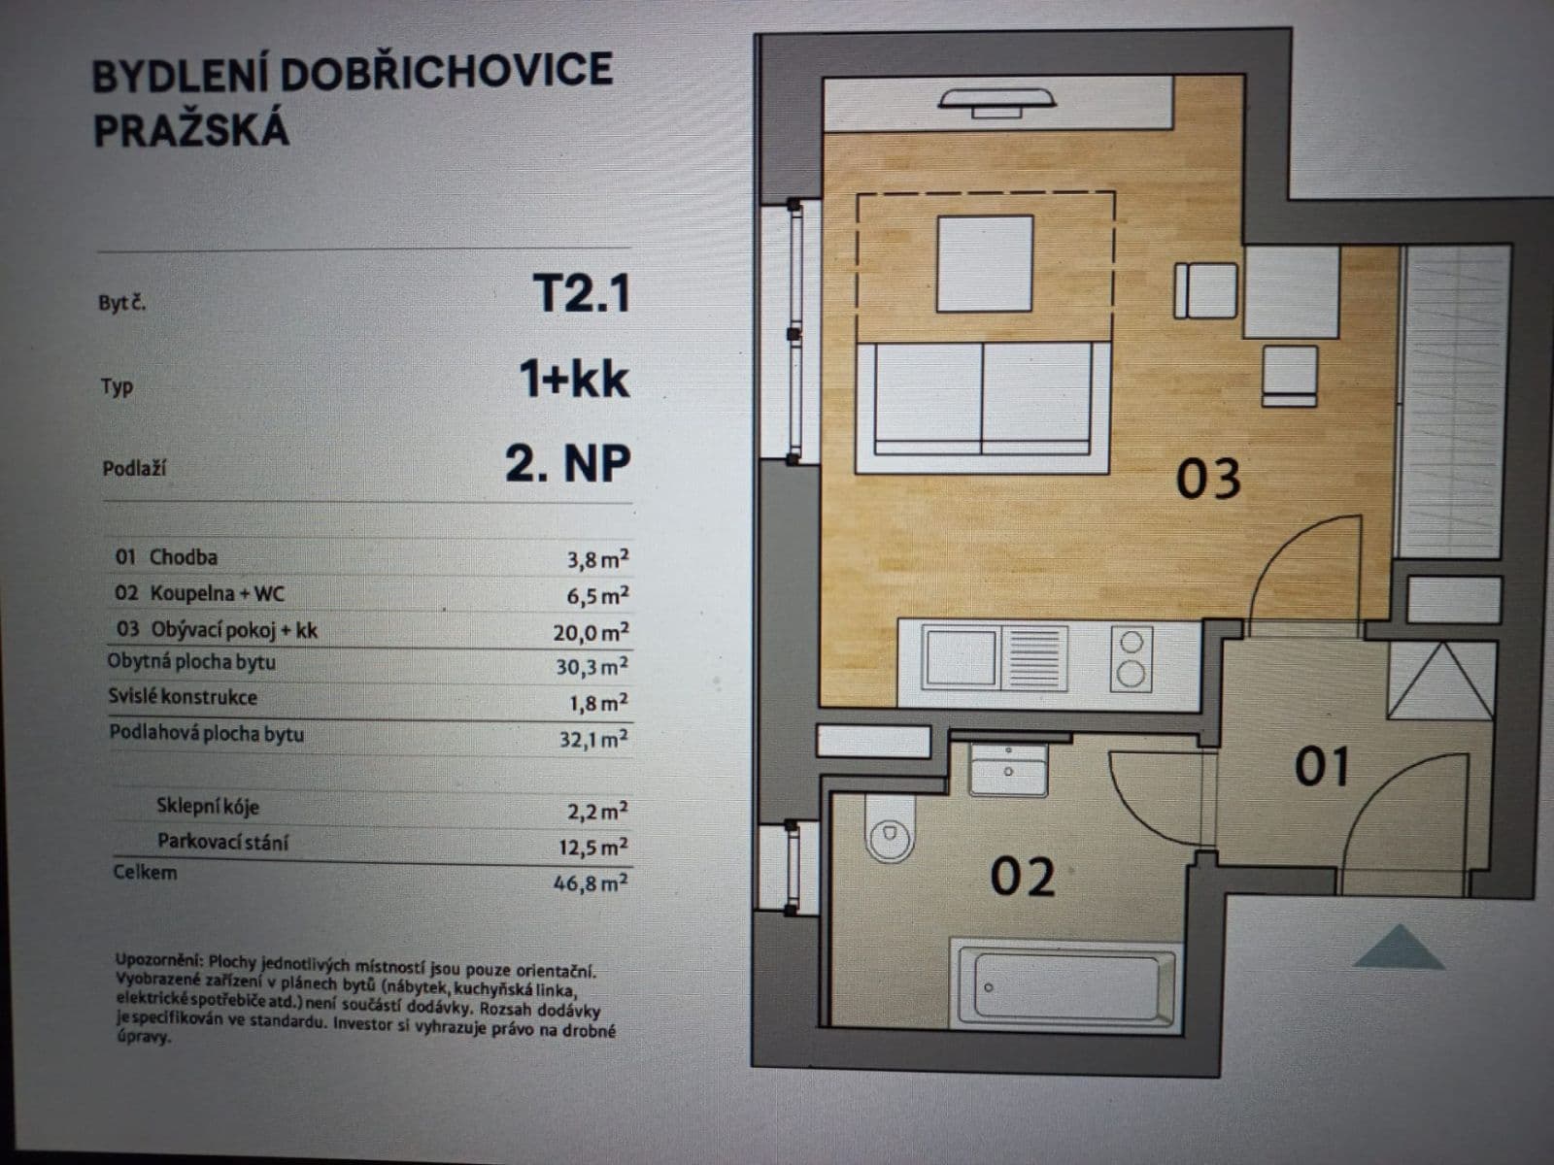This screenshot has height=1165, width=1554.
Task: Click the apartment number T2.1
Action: click(x=581, y=292)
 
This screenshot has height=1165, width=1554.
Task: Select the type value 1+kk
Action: click(x=574, y=379)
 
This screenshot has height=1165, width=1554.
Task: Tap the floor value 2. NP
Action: click(x=567, y=464)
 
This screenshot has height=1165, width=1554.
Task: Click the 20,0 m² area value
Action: click(x=591, y=632)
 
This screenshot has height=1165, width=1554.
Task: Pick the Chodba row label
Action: click(x=183, y=557)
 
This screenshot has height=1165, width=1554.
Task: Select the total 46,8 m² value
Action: click(x=592, y=882)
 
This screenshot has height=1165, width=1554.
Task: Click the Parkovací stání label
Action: click(x=222, y=842)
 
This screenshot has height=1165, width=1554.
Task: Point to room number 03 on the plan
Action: click(x=1207, y=479)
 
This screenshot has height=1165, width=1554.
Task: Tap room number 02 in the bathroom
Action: click(x=1022, y=877)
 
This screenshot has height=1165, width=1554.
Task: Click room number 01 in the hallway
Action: click(x=1322, y=767)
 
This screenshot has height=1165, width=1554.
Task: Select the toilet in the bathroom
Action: click(x=890, y=831)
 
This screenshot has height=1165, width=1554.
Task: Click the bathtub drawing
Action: click(x=1065, y=984)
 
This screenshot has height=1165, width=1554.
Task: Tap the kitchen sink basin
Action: click(x=960, y=657)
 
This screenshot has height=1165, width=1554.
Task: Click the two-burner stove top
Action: click(x=1131, y=658)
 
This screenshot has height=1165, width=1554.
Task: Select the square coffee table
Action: click(x=984, y=264)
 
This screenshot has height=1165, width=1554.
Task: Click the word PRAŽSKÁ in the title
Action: click(x=190, y=128)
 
